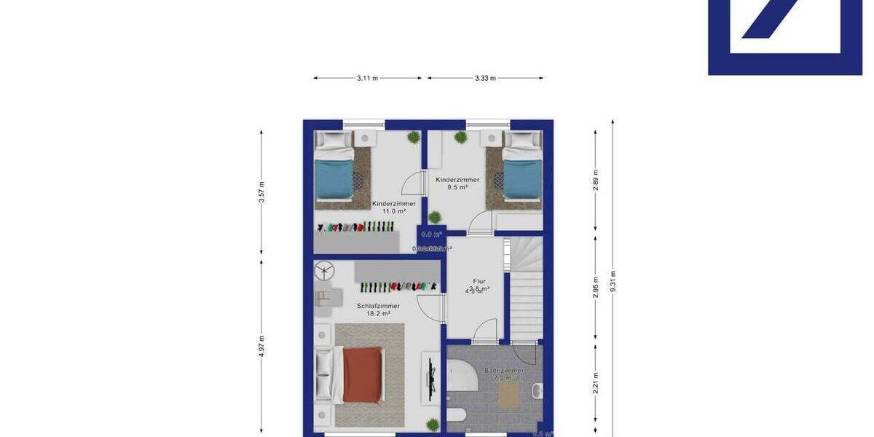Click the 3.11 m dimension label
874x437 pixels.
[368, 78]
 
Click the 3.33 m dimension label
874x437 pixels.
[485, 78]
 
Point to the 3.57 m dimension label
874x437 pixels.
[261, 193]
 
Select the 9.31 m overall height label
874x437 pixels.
[613, 280]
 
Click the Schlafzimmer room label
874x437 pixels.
[378, 306]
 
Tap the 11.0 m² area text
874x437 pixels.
[393, 211]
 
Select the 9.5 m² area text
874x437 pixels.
[457, 187]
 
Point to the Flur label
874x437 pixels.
[479, 280]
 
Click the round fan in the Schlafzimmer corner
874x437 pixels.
[323, 272]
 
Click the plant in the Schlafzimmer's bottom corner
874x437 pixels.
[433, 424]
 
